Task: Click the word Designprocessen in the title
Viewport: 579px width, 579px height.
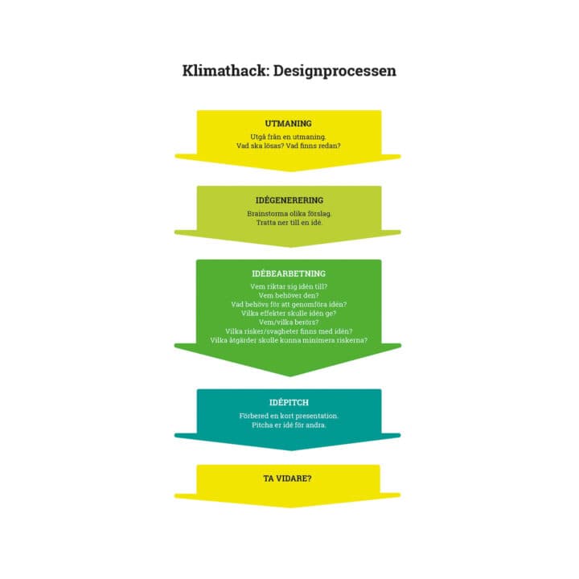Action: pyautogui.click(x=335, y=71)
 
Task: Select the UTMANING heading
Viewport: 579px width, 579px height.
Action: pyautogui.click(x=289, y=124)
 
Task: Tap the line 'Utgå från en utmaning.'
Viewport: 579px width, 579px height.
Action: pyautogui.click(x=289, y=137)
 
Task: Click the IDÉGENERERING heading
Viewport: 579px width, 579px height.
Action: pyautogui.click(x=289, y=200)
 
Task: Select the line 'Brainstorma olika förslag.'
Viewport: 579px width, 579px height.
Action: pyautogui.click(x=289, y=213)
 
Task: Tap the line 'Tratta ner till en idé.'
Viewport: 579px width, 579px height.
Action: pyautogui.click(x=289, y=222)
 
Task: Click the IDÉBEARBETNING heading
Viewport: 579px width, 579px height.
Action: pyautogui.click(x=289, y=274)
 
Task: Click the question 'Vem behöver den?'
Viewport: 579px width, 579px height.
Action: pyautogui.click(x=289, y=296)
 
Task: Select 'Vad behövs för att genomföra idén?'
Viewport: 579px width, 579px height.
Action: pyautogui.click(x=289, y=305)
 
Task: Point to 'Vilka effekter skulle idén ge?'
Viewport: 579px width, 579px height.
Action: pyautogui.click(x=289, y=314)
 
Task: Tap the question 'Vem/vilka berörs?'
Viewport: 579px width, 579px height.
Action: pyautogui.click(x=289, y=322)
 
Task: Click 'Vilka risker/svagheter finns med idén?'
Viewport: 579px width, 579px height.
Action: pyautogui.click(x=289, y=331)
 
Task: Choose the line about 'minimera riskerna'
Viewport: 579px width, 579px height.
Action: pyautogui.click(x=289, y=340)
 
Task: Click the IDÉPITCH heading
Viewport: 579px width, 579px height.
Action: pyautogui.click(x=289, y=402)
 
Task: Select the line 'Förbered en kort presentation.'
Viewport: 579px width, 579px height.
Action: pyautogui.click(x=289, y=416)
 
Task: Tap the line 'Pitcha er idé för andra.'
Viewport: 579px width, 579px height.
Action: pyautogui.click(x=289, y=425)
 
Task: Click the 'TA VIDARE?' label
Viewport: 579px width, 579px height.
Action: pyautogui.click(x=289, y=478)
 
